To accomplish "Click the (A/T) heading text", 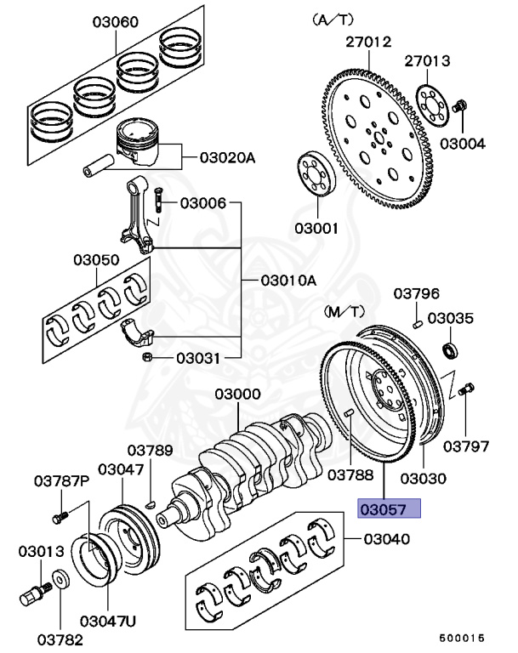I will pos(335,18).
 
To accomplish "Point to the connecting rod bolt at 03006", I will pos(157,203).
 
